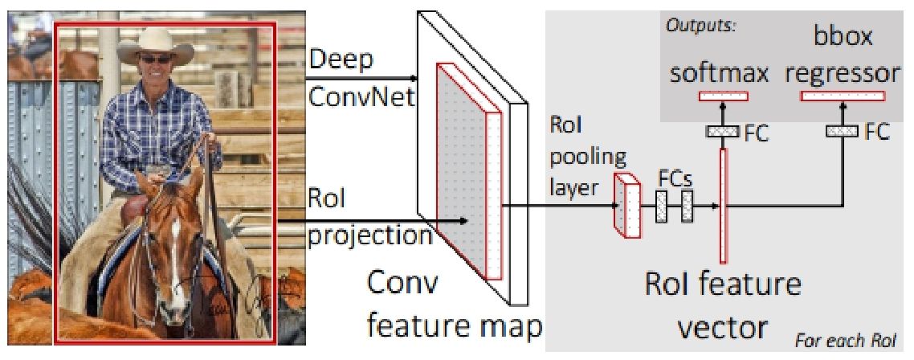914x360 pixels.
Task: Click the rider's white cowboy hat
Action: click(x=156, y=47)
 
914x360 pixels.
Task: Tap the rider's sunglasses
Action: click(x=156, y=59)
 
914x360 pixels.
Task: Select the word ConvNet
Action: click(x=361, y=97)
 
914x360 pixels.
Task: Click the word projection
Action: click(x=369, y=238)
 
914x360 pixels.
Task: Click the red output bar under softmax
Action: click(x=723, y=96)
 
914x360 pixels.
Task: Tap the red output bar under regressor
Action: click(x=843, y=96)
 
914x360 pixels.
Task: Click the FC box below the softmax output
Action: click(x=723, y=131)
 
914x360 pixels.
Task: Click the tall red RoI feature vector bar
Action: click(x=724, y=206)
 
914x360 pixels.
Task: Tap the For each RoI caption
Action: click(x=845, y=340)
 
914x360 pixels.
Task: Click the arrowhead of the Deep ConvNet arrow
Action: click(x=414, y=78)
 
